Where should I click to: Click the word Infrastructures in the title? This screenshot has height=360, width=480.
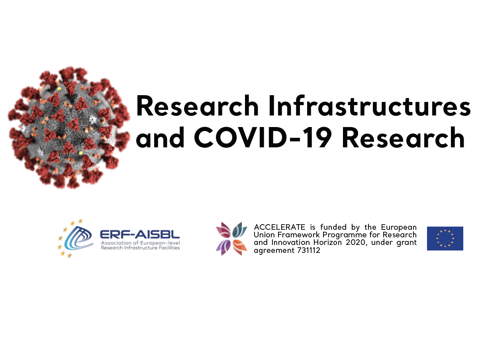(x=369, y=106)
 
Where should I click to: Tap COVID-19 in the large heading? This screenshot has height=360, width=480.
(x=263, y=138)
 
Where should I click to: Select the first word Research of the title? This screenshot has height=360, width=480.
(x=197, y=106)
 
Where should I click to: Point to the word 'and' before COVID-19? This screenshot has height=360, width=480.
(x=160, y=138)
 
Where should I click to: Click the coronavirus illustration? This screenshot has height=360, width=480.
(x=69, y=127)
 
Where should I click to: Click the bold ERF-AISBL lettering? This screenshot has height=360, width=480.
(x=140, y=235)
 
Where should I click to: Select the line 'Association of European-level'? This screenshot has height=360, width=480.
(x=140, y=243)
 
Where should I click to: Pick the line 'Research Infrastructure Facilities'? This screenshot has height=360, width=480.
(x=140, y=248)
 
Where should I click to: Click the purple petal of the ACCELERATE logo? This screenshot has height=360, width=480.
(x=223, y=247)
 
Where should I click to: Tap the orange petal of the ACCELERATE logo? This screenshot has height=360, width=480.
(x=240, y=247)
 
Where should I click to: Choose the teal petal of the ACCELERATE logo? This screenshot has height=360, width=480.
(x=240, y=230)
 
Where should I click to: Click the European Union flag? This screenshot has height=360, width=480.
(x=445, y=239)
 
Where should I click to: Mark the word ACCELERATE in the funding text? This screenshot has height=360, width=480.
(x=280, y=227)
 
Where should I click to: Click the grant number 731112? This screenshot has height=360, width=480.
(x=309, y=250)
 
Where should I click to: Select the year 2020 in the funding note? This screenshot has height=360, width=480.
(x=356, y=243)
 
